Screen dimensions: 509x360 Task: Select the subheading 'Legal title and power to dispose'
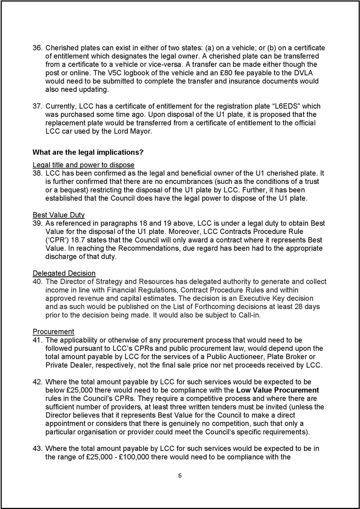pyautogui.click(x=83, y=165)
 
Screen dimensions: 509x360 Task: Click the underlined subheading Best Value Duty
pyautogui.click(x=58, y=215)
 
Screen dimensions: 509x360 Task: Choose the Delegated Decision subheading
pyautogui.click(x=64, y=273)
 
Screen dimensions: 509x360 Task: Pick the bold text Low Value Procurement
pyautogui.click(x=277, y=390)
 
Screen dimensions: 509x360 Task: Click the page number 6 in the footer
pyautogui.click(x=180, y=476)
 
